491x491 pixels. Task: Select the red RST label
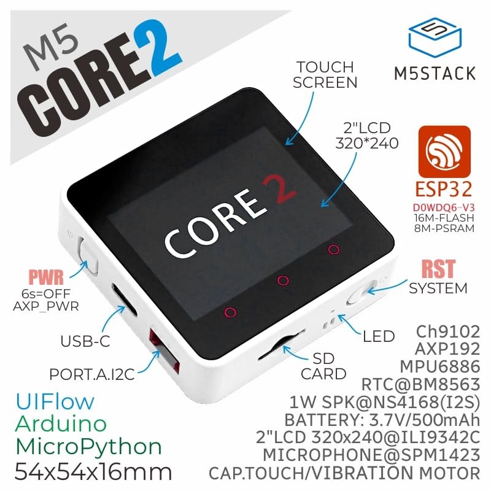[x=437, y=269]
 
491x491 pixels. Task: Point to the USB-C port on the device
[x=121, y=298]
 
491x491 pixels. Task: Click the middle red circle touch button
[x=283, y=280]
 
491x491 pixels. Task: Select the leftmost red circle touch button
[x=230, y=312]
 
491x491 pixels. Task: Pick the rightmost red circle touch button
[x=333, y=249]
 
